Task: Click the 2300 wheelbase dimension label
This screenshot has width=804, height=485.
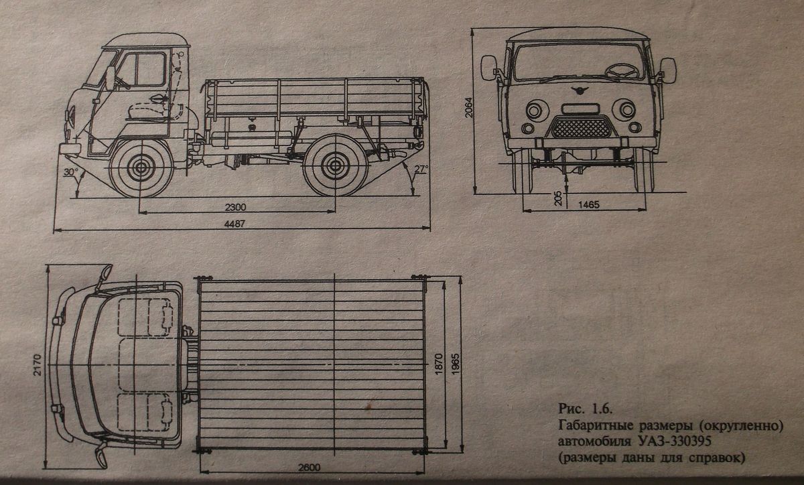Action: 235,207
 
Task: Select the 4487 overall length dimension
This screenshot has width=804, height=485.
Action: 234,224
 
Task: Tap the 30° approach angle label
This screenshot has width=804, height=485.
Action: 71,172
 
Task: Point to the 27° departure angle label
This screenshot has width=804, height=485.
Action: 421,169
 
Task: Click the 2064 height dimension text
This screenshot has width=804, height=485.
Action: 469,108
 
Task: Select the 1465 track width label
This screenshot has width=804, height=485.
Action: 589,204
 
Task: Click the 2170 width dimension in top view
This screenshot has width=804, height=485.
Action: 38,365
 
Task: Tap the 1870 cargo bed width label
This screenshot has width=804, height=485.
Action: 439,364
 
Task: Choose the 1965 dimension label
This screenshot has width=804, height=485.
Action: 455,364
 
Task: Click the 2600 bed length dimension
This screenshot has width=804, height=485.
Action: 309,468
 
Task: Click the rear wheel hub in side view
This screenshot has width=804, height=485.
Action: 335,166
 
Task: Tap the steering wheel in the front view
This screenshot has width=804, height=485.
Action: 622,71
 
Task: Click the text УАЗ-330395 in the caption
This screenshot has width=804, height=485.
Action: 679,441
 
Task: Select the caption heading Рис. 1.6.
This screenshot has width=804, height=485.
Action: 585,409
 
